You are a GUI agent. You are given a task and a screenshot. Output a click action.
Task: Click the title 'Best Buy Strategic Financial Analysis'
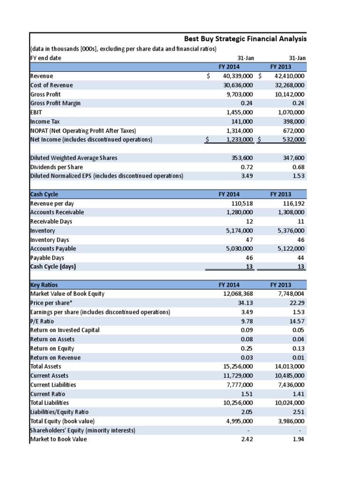tap(245, 39)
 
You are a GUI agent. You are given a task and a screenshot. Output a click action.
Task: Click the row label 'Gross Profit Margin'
tap(55, 103)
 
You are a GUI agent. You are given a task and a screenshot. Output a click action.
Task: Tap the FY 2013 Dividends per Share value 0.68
tap(299, 167)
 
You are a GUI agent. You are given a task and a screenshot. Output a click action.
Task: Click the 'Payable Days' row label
tap(47, 258)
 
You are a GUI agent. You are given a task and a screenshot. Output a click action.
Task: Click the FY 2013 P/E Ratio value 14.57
tap(297, 321)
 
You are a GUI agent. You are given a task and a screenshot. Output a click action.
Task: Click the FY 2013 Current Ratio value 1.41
tap(299, 394)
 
